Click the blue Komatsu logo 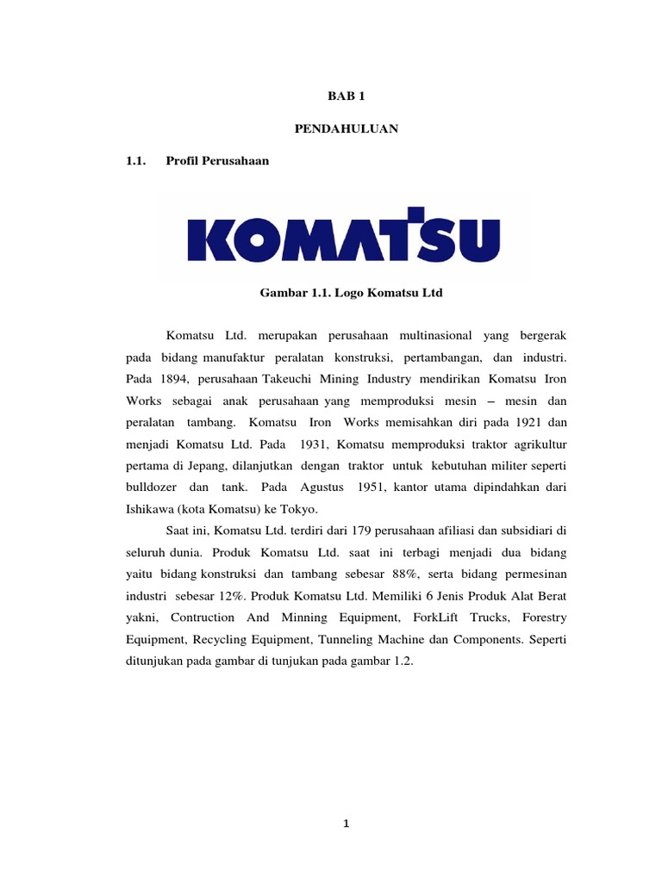[343, 234]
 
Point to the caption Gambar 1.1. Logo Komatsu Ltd [351, 294]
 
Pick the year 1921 [529, 422]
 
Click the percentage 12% [244, 595]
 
